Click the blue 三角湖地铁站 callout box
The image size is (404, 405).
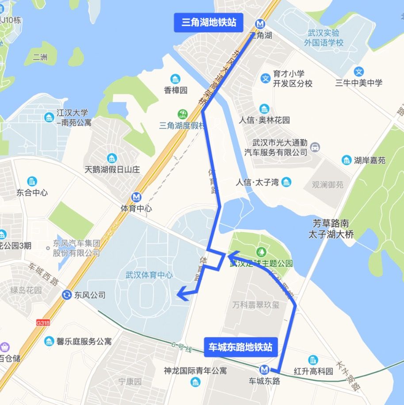(x=209, y=22)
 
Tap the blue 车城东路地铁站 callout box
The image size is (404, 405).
(x=240, y=347)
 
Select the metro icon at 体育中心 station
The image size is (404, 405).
(x=137, y=197)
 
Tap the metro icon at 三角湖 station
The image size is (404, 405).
(x=260, y=24)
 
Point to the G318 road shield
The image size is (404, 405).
(x=43, y=323)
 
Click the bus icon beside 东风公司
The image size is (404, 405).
(x=67, y=294)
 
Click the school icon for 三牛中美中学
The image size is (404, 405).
(x=358, y=72)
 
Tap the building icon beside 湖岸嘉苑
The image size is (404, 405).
(x=346, y=160)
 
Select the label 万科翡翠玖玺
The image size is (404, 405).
(x=256, y=305)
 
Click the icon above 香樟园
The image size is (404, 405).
(x=176, y=79)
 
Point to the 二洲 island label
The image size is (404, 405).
(x=40, y=57)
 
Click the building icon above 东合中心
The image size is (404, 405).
(x=32, y=181)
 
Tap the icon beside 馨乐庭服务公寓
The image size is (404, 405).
(x=49, y=341)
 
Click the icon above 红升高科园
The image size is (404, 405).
(x=313, y=360)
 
